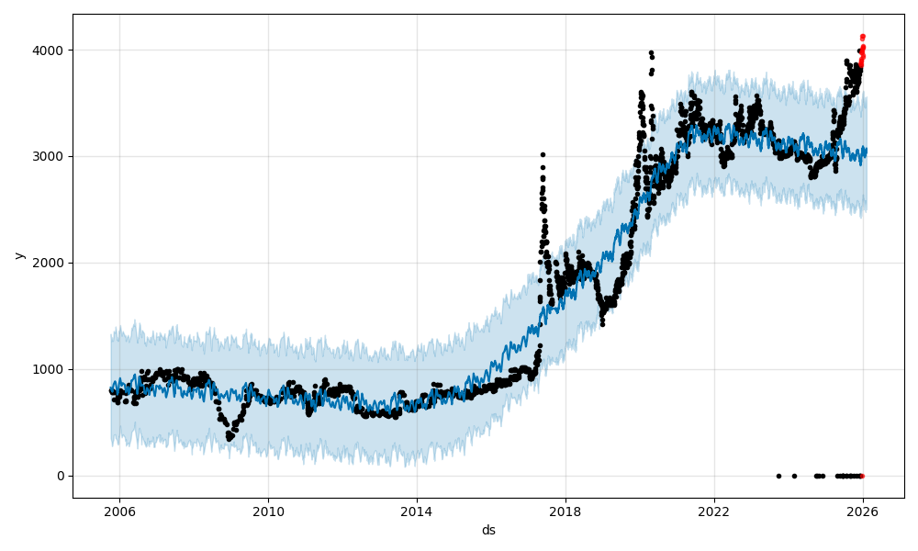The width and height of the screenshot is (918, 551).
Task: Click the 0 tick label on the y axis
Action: click(x=61, y=476)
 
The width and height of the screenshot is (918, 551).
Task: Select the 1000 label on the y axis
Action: click(x=50, y=369)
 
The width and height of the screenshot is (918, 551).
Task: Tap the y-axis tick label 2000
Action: click(x=50, y=263)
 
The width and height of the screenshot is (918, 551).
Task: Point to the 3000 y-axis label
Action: click(x=50, y=156)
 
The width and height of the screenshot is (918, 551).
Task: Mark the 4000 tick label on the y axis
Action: click(x=50, y=50)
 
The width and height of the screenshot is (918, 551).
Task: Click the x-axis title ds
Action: click(x=488, y=531)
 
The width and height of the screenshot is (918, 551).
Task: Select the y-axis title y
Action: click(x=17, y=255)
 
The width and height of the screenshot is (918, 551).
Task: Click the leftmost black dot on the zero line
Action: click(x=778, y=476)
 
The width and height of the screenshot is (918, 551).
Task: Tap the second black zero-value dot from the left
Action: click(x=794, y=476)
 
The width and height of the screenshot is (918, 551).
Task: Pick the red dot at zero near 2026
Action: click(x=861, y=476)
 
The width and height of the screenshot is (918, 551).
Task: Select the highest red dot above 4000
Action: click(x=862, y=37)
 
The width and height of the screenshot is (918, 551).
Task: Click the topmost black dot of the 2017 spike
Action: click(x=543, y=155)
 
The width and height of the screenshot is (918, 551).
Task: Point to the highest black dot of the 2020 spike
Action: click(x=651, y=53)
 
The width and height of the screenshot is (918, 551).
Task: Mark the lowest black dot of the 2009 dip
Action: click(x=229, y=439)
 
